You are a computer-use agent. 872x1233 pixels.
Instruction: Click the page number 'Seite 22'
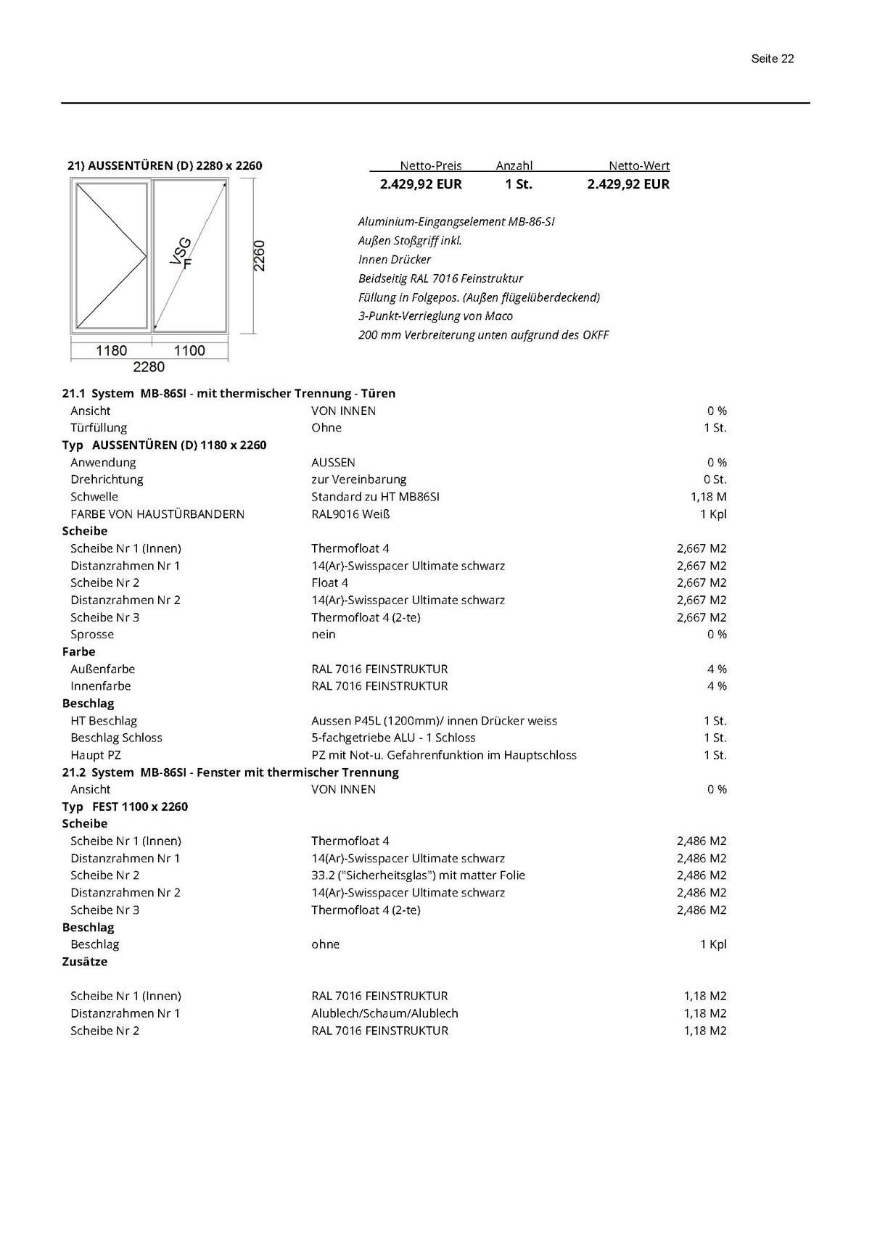click(772, 59)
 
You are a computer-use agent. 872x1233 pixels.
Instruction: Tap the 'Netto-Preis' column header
click(430, 165)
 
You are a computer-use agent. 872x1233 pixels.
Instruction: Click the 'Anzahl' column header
click(514, 165)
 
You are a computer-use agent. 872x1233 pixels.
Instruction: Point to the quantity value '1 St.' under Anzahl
click(519, 184)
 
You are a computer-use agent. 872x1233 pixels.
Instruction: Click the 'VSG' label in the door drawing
click(181, 251)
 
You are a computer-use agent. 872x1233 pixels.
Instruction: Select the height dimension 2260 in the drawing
click(259, 255)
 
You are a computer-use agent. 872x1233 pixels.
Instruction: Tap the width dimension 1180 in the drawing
click(112, 350)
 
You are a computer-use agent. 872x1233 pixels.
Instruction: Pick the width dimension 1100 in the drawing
click(189, 350)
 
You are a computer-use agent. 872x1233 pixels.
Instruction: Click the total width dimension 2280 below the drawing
click(149, 367)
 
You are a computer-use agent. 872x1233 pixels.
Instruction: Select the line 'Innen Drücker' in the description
click(395, 260)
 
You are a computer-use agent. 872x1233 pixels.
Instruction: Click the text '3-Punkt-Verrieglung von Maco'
click(435, 316)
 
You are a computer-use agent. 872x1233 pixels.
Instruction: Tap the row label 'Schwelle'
click(94, 497)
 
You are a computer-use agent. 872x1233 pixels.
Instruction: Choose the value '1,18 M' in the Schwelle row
click(708, 497)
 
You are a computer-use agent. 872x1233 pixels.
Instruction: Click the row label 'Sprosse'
click(92, 635)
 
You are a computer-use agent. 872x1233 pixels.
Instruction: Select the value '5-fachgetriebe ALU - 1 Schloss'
click(393, 738)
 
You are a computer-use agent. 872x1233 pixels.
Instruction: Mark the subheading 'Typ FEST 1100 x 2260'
click(125, 807)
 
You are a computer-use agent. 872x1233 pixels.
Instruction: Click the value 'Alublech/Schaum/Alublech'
click(384, 1013)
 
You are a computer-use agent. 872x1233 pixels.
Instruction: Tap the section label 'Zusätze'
click(85, 962)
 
